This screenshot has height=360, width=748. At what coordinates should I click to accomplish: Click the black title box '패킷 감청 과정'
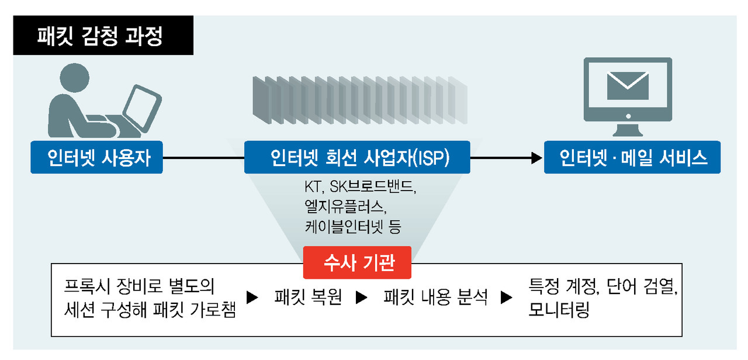[x=103, y=35]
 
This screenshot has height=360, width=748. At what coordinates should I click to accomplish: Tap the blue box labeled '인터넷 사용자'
[x=96, y=157]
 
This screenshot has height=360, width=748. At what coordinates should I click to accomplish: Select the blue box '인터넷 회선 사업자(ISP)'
[x=357, y=157]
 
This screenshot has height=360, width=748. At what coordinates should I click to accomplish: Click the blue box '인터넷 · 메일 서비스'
[x=632, y=157]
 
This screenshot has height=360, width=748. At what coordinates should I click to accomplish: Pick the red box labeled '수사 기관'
[x=357, y=262]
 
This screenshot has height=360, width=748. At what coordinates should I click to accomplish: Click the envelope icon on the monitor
[x=628, y=86]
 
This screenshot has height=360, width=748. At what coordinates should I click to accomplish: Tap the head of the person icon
[x=74, y=78]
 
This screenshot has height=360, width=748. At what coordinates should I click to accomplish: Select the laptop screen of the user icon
[x=143, y=108]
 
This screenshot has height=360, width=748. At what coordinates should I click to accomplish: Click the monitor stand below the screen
[x=628, y=130]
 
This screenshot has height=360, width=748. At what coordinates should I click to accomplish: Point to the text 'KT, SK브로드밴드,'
[x=361, y=186]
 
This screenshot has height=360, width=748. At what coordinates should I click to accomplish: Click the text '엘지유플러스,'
[x=345, y=207]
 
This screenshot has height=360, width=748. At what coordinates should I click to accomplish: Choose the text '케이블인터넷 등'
[x=352, y=227]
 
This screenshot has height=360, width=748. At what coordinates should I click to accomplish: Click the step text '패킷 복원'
[x=308, y=296]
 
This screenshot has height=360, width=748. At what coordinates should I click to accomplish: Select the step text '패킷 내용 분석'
[x=435, y=296]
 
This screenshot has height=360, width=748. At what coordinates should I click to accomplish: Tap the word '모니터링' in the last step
[x=559, y=310]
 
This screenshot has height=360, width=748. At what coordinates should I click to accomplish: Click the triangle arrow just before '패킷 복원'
[x=252, y=297]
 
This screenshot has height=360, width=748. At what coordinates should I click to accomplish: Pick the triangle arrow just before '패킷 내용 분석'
[x=361, y=297]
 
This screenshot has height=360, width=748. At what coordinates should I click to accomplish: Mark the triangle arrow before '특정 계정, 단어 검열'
[x=507, y=297]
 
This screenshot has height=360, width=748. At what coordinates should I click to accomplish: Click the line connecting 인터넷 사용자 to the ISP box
[x=203, y=158]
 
